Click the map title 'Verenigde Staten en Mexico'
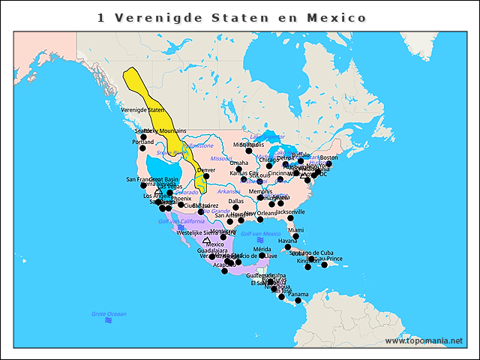pos(232,17)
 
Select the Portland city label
pos(142,142)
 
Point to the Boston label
pos(328,157)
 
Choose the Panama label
pos(298,295)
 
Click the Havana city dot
pos(288,247)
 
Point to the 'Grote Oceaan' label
pos(109,313)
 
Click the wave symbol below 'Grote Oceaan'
pos(109,321)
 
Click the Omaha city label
pos(238,163)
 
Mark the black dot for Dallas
pos(235,208)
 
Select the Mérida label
pos(262,249)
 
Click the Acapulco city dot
pos(225,271)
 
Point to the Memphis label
pos(260,191)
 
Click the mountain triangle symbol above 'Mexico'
pos(206,240)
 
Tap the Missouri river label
pos(222,158)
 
